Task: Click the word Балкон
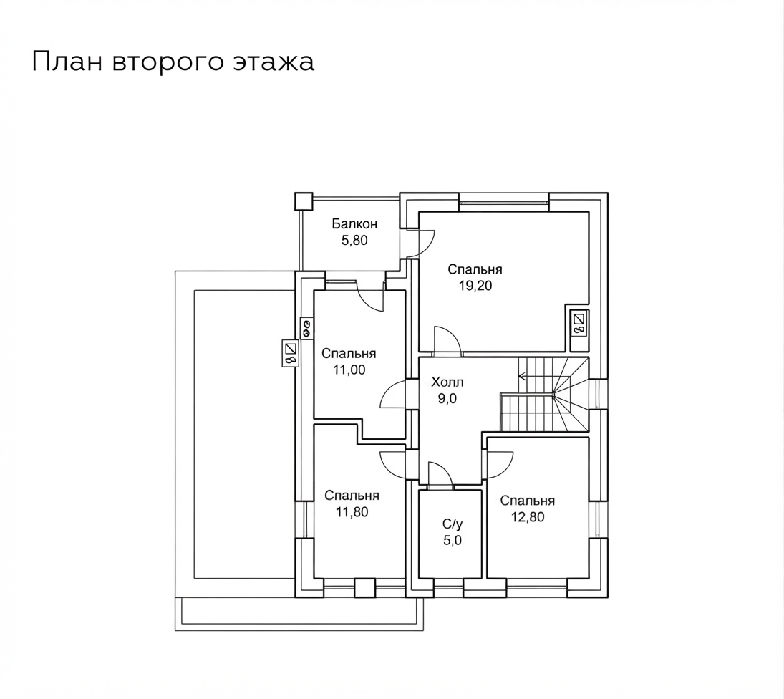354,223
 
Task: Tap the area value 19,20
475,286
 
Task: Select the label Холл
447,382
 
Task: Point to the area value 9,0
447,398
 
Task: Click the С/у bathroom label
453,524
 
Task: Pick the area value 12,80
528,516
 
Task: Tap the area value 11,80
352,511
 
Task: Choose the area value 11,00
349,370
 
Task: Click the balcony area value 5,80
354,241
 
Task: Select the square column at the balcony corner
303,201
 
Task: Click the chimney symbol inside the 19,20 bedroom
579,324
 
